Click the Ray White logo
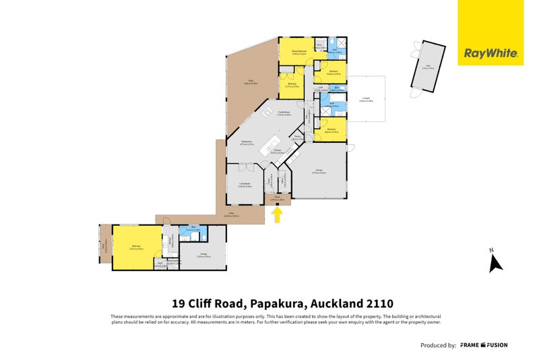[x=490, y=53]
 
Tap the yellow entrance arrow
[x=278, y=215]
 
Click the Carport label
[x=366, y=99]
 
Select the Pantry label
[x=297, y=138]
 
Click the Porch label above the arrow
[x=277, y=199]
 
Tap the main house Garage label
[x=319, y=172]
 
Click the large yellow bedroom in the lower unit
[x=137, y=247]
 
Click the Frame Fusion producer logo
[x=484, y=345]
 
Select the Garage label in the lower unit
[x=202, y=256]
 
